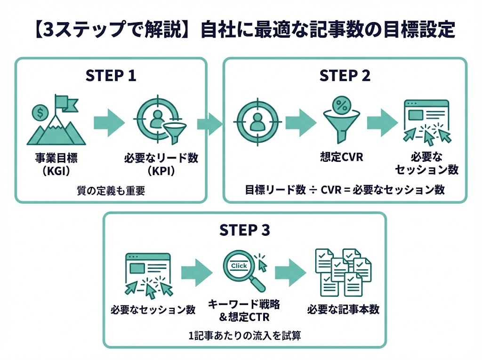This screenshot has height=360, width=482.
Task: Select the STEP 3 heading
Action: click(245, 230)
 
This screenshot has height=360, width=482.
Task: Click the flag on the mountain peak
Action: click(61, 101)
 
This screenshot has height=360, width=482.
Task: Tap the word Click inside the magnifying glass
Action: click(239, 266)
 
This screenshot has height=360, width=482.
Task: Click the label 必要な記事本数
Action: click(343, 310)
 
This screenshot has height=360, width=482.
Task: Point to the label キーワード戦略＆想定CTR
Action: click(239, 311)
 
